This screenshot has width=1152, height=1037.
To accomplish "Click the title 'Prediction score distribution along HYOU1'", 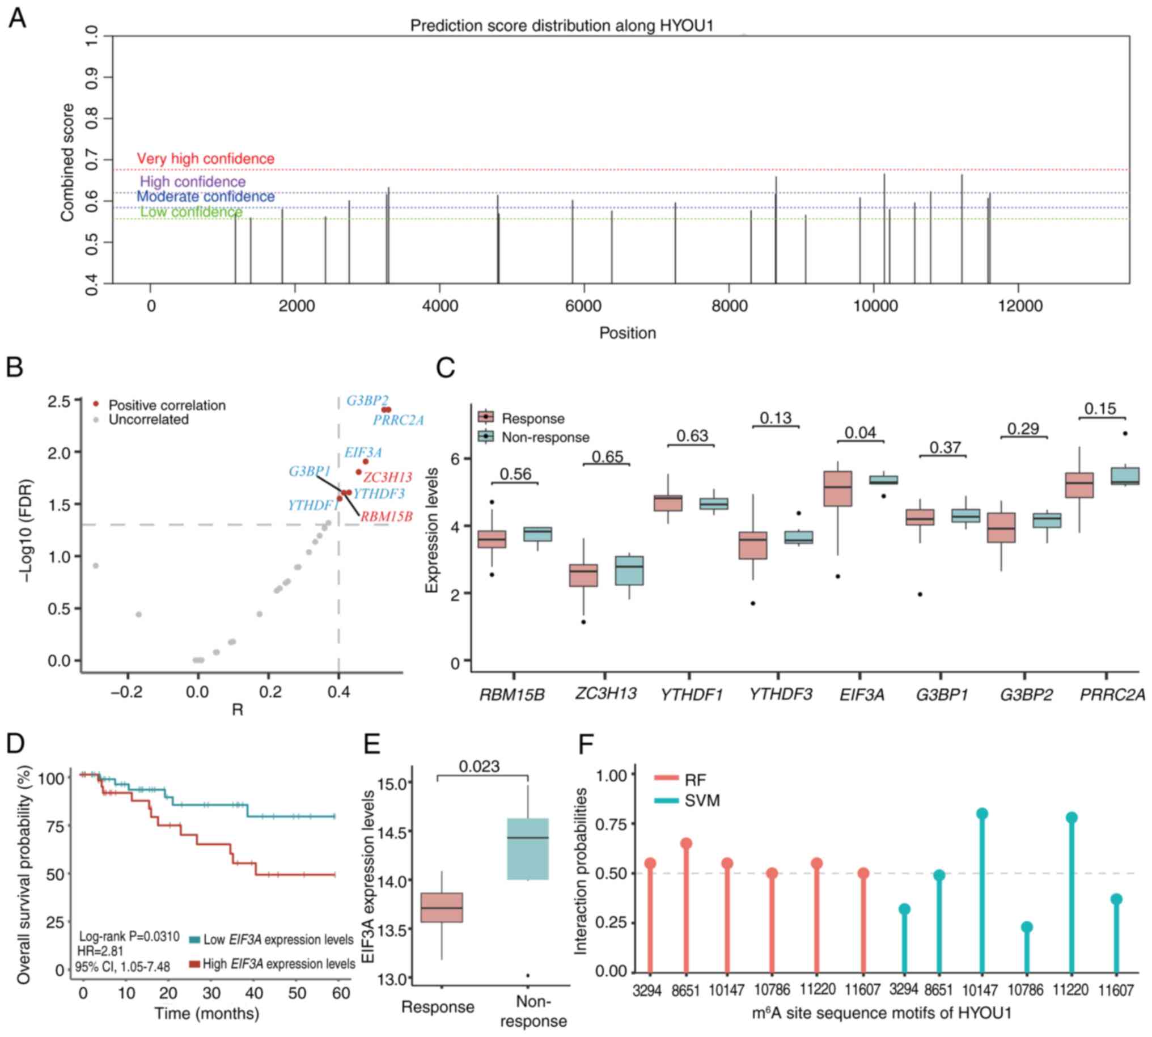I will coord(561,26).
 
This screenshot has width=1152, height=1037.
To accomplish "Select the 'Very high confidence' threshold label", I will coord(206,158).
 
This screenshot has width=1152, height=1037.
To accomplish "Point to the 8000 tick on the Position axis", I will coord(729,306).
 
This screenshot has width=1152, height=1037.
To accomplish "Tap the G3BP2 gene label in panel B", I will coord(367,400).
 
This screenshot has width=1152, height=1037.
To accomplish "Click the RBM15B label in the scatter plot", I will coord(386,517).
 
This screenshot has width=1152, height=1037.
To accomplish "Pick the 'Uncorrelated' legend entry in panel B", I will coord(148,420).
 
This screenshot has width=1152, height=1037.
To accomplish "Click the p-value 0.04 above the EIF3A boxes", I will coord(859,433).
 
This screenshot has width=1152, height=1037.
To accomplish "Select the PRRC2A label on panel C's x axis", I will coord(1113,695).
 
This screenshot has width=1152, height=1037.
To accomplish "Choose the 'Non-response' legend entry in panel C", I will coord(545,437).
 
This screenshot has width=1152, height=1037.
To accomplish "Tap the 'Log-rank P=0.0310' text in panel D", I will coord(129,937).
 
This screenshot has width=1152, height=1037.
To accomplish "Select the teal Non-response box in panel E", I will coord(528,849).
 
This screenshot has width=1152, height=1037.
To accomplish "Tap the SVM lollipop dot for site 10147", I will coord(982,814).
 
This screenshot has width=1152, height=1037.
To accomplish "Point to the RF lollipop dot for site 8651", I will coord(686,843).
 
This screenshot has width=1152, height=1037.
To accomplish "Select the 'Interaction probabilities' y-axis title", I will coord(581,871).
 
